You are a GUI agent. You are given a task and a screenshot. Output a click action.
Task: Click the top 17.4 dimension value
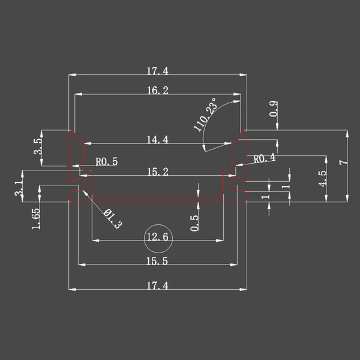pos(157,71)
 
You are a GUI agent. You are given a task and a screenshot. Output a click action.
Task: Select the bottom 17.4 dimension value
pos(157,286)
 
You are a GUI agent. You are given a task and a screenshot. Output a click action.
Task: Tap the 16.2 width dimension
pos(157,91)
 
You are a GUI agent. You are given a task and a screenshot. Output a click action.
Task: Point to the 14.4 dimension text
pos(157,140)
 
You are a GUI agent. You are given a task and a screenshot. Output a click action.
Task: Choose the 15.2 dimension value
pos(157,172)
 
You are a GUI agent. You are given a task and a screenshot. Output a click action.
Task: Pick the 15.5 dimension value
pos(157,261)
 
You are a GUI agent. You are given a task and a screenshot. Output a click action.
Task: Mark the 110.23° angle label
pos(205,115)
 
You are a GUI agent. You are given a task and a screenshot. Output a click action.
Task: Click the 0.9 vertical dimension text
pos(274,109)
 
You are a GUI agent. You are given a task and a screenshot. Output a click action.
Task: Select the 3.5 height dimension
pos(38,146)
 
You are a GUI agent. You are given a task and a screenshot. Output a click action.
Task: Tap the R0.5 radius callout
pos(107,161)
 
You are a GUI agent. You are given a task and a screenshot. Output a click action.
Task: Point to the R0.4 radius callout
pos(264,158)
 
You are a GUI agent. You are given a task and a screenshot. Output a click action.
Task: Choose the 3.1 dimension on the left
pos(19,188)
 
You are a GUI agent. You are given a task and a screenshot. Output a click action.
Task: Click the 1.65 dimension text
pos(36,218)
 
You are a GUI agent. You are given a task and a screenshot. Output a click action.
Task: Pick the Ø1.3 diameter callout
pos(113,219)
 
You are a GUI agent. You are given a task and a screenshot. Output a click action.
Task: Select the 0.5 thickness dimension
pos(194,223)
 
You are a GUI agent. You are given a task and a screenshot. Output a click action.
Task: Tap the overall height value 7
pos(343,163)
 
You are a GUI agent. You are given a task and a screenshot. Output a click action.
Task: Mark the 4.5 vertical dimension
pos(322,178)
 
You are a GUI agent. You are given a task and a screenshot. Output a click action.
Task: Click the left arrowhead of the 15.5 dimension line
pos(82,265)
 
